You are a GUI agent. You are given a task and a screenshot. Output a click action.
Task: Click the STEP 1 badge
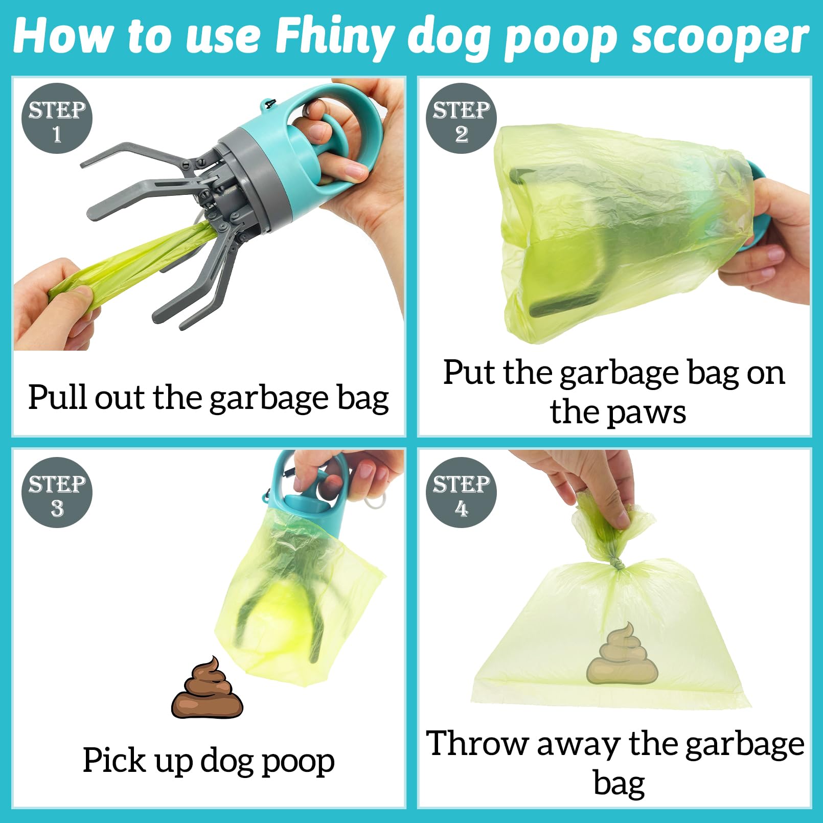(57, 118)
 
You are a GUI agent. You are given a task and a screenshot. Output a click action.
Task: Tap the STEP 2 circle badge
(461, 118)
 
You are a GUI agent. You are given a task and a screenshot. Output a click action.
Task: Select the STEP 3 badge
(57, 492)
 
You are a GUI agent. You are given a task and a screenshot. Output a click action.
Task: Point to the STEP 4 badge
(461, 492)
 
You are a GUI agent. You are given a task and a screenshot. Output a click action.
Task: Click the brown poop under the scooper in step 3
(207, 688)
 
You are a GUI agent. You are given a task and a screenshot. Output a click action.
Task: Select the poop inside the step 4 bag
(622, 654)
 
